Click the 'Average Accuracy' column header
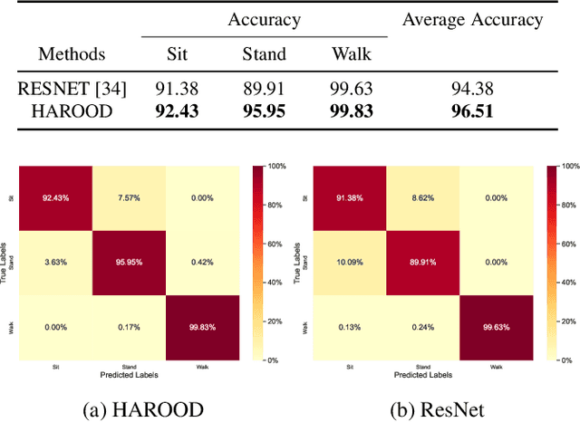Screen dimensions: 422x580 click(473, 19)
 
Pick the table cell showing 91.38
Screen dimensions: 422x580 click(179, 89)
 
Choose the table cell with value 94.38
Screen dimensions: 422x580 click(473, 89)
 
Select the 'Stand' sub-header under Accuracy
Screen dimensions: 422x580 click(265, 53)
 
